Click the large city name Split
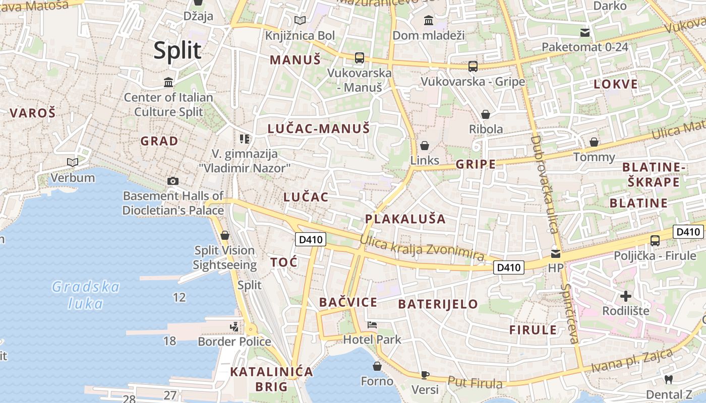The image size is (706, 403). [x=178, y=50]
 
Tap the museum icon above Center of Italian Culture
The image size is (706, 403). [x=168, y=82]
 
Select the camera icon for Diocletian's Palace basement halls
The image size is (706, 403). [x=172, y=181]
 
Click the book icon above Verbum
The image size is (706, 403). [x=73, y=162]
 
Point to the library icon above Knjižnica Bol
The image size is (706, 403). [x=300, y=21]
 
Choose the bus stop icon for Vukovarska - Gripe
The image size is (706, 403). [x=473, y=66]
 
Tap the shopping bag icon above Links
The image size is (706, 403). [x=425, y=146]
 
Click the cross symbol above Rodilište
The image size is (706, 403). [x=626, y=296]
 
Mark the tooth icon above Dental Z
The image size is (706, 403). [x=669, y=379]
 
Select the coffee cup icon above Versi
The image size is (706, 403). [x=425, y=375]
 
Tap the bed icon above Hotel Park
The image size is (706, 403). [x=372, y=325]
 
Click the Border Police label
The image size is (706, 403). [x=234, y=342]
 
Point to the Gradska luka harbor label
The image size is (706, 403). [x=86, y=295]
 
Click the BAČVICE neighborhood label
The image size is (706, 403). [x=348, y=302]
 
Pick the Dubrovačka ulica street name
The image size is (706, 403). [x=545, y=184]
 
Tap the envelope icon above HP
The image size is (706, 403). [x=555, y=253]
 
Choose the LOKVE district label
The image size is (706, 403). [x=616, y=84]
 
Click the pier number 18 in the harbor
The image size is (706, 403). [x=169, y=341]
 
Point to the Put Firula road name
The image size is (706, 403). [x=475, y=383]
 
